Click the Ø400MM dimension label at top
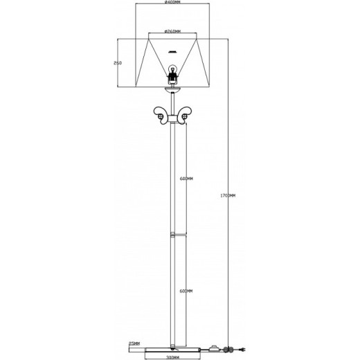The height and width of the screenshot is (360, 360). point(173,3)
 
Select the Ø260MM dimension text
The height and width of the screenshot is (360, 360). point(173,32)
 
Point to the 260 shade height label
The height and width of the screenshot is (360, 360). point(118,63)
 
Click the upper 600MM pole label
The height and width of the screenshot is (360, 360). point(185,179)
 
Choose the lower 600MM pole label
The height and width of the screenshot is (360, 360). point(185,290)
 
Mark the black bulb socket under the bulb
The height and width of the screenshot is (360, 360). point(173,80)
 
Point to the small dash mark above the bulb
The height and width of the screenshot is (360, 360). point(173,51)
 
